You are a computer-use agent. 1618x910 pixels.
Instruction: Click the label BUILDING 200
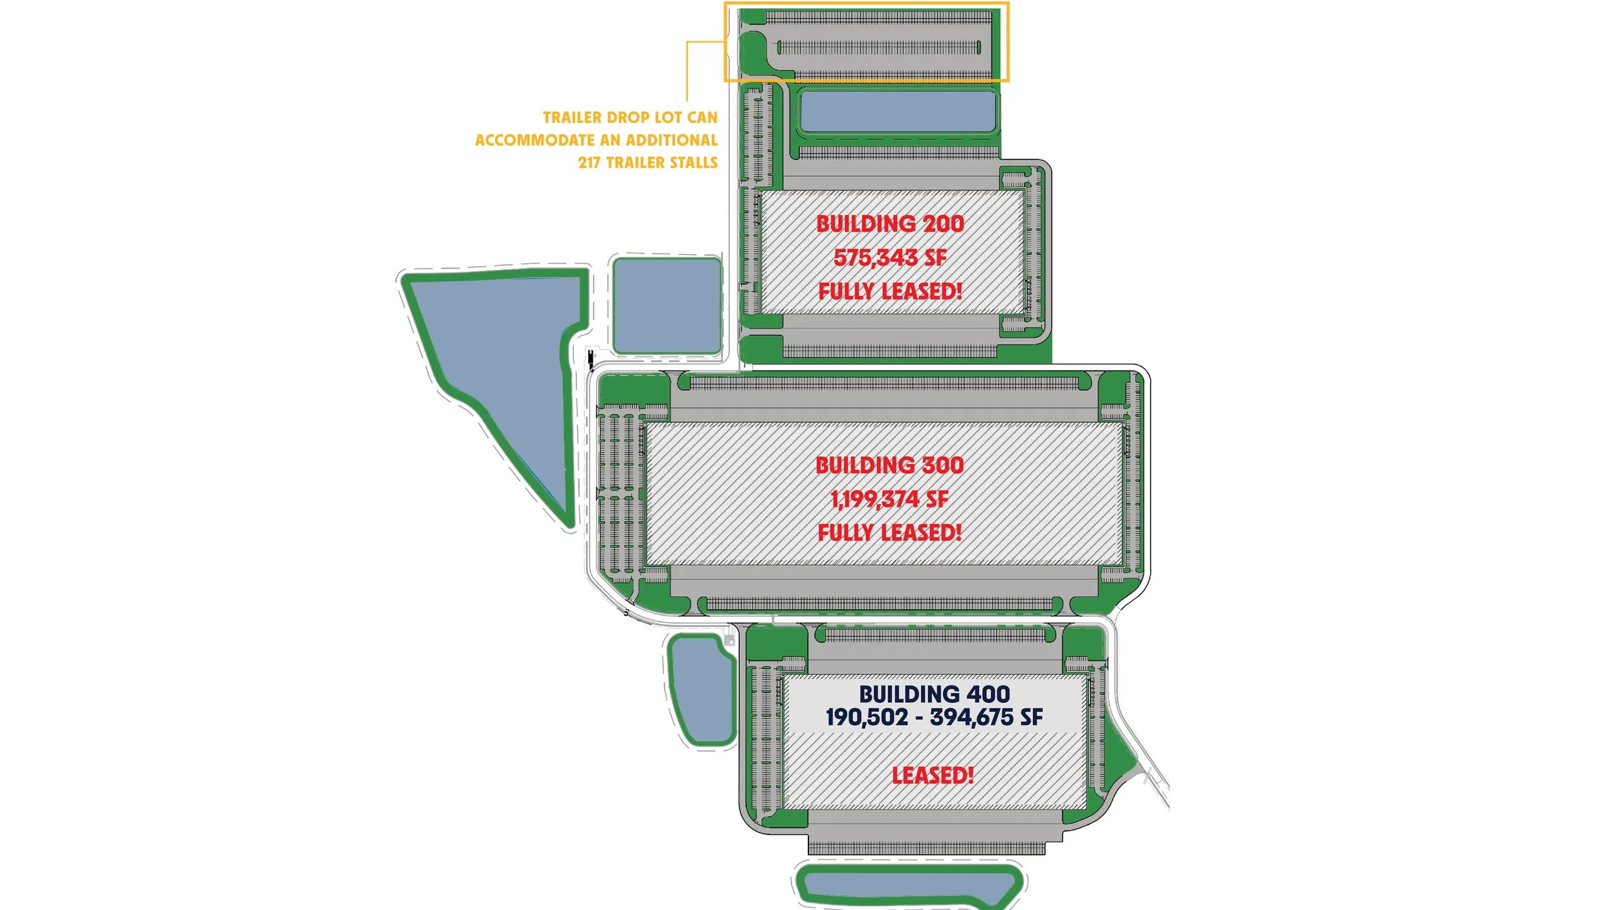(890, 224)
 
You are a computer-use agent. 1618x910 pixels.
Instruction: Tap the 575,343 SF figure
(890, 258)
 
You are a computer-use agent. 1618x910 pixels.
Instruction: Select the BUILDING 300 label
(890, 465)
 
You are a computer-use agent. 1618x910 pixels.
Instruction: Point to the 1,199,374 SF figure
(890, 499)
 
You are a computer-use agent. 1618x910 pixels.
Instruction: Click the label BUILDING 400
(935, 694)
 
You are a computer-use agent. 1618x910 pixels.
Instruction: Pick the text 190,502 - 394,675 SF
(935, 717)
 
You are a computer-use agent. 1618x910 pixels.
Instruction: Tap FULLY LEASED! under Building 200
(890, 291)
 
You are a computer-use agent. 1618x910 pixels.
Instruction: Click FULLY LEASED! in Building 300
(890, 533)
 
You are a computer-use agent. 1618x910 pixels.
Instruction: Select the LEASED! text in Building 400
(933, 775)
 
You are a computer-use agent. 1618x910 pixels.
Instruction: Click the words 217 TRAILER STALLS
(648, 162)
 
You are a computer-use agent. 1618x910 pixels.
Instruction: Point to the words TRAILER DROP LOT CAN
(630, 118)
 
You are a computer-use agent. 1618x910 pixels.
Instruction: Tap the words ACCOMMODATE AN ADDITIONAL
(596, 140)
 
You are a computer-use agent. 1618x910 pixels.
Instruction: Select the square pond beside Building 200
(667, 305)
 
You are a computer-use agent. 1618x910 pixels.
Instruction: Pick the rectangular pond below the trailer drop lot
(898, 111)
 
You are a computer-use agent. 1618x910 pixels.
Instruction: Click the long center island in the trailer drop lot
(879, 47)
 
